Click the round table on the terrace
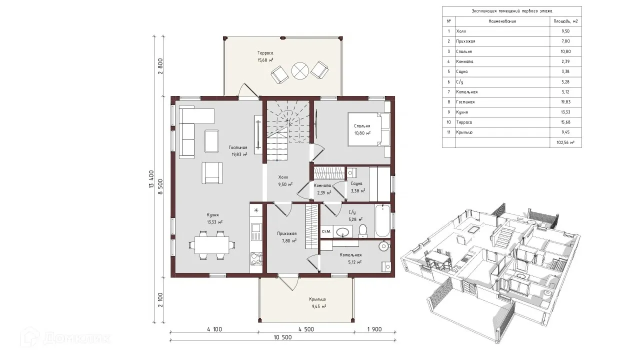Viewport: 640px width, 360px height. coord(300,70)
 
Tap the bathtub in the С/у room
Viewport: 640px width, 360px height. coord(382,220)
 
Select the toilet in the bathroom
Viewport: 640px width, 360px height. coord(362,231)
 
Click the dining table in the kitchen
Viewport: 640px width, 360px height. coord(211,245)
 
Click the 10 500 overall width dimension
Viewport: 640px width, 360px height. coord(282,337)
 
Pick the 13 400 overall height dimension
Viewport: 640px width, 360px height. coord(151,179)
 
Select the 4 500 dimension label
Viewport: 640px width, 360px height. coord(306,329)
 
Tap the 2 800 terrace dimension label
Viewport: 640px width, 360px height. coord(160,66)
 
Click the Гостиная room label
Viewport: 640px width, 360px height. coord(237,147)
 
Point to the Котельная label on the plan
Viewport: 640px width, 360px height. coord(350,255)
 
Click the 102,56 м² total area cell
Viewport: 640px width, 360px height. coord(565,142)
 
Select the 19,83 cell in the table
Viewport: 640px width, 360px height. coord(565,102)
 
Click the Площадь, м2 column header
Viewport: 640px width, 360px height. coord(565,21)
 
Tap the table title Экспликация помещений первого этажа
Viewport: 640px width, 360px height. coord(511,11)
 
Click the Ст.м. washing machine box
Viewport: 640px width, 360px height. coord(326,231)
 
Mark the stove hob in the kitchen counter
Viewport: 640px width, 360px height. coord(256,259)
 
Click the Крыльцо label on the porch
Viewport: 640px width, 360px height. coord(317,299)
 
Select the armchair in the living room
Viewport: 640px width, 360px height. coord(211,172)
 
